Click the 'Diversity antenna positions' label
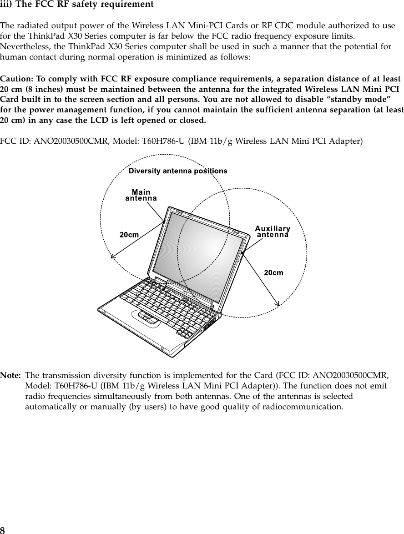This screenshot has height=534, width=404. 178,171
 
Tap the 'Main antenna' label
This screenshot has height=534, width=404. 141,195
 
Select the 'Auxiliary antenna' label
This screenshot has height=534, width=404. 273,232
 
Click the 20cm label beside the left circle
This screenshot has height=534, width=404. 129,235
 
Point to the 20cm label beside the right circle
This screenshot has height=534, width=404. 274,272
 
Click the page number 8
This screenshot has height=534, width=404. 3,530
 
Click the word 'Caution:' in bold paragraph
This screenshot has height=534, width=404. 16,78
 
